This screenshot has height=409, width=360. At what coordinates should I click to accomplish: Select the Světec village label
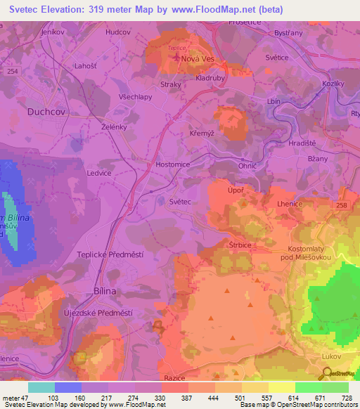pos(180,202)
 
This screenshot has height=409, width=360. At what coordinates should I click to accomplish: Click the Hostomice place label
pos(172,164)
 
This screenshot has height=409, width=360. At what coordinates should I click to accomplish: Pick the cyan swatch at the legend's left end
pos(41,387)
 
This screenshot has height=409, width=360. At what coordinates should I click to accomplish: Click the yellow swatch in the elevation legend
pos(281,387)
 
